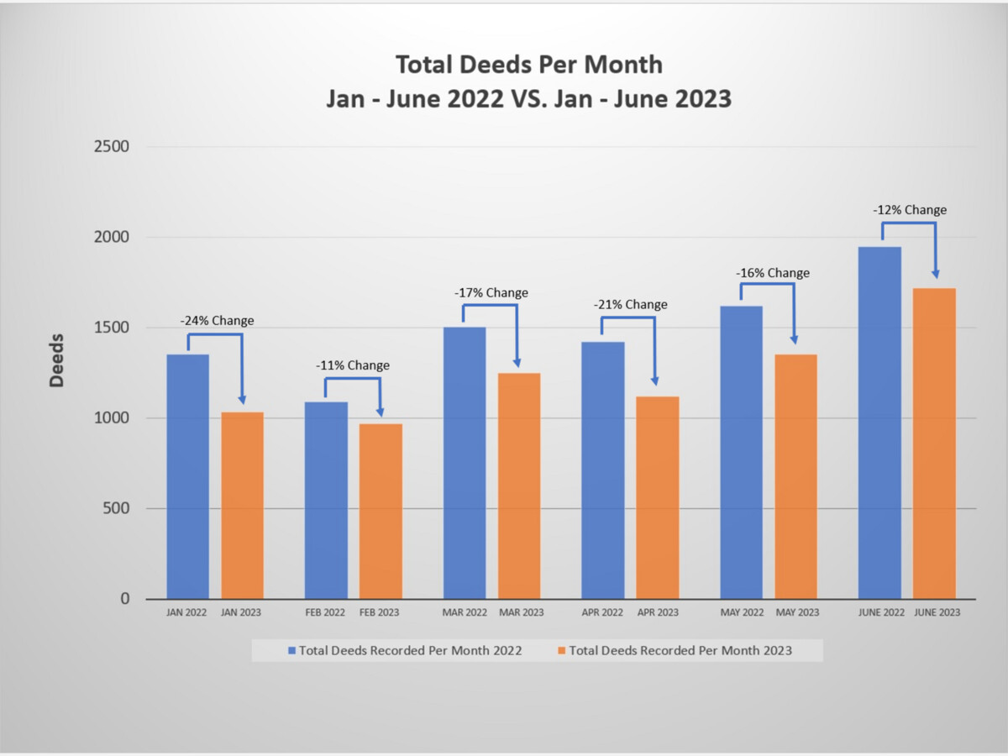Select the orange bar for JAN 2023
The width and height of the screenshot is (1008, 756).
[x=242, y=505]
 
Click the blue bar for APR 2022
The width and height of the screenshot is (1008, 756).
[x=603, y=470]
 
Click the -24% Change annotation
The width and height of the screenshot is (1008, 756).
[x=217, y=321]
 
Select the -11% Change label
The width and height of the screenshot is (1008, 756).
[x=353, y=365]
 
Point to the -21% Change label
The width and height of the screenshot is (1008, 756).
[x=631, y=304]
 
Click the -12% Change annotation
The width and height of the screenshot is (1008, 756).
[x=909, y=210]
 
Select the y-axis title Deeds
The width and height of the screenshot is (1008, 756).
[x=56, y=360]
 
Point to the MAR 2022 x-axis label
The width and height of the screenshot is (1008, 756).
[x=465, y=612]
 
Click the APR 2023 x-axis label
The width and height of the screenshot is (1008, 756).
[x=658, y=612]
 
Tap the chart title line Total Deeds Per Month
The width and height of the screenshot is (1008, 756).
[x=529, y=65]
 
